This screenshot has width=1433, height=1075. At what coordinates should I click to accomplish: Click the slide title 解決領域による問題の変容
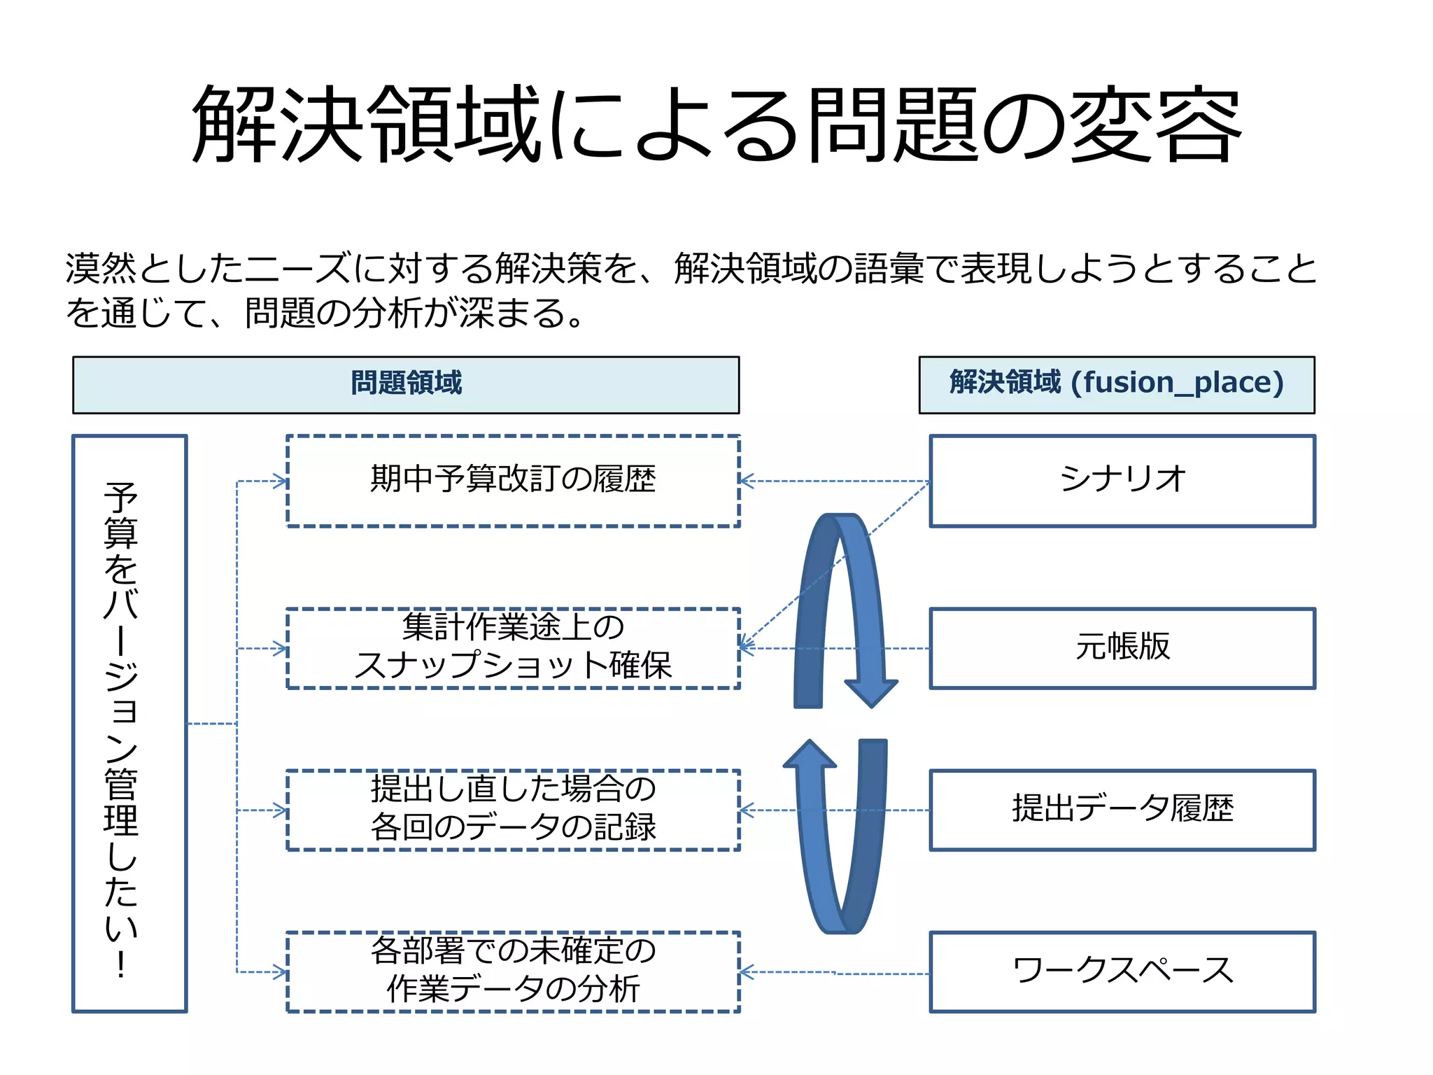click(716, 125)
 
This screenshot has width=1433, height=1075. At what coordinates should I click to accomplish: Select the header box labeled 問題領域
click(406, 384)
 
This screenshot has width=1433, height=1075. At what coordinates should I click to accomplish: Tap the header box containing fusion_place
click(1117, 384)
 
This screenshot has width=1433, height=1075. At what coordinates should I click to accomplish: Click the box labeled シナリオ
click(1122, 481)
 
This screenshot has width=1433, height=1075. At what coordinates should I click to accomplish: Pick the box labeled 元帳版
click(1122, 648)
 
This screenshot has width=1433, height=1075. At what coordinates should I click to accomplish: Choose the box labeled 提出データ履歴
click(1122, 810)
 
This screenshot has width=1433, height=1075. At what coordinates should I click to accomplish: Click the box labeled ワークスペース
click(1122, 971)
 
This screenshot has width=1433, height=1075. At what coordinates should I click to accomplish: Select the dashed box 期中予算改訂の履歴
click(513, 481)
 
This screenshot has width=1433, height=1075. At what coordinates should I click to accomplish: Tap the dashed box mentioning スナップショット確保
click(513, 648)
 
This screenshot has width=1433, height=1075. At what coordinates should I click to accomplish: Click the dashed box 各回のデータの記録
click(513, 810)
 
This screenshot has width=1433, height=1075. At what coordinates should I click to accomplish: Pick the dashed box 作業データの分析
click(513, 971)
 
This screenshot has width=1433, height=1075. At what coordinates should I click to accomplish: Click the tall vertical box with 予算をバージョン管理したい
click(129, 723)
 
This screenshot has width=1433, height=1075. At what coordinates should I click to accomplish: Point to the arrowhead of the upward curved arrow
click(810, 754)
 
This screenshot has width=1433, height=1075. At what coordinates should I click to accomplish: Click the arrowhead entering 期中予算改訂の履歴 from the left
click(281, 481)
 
